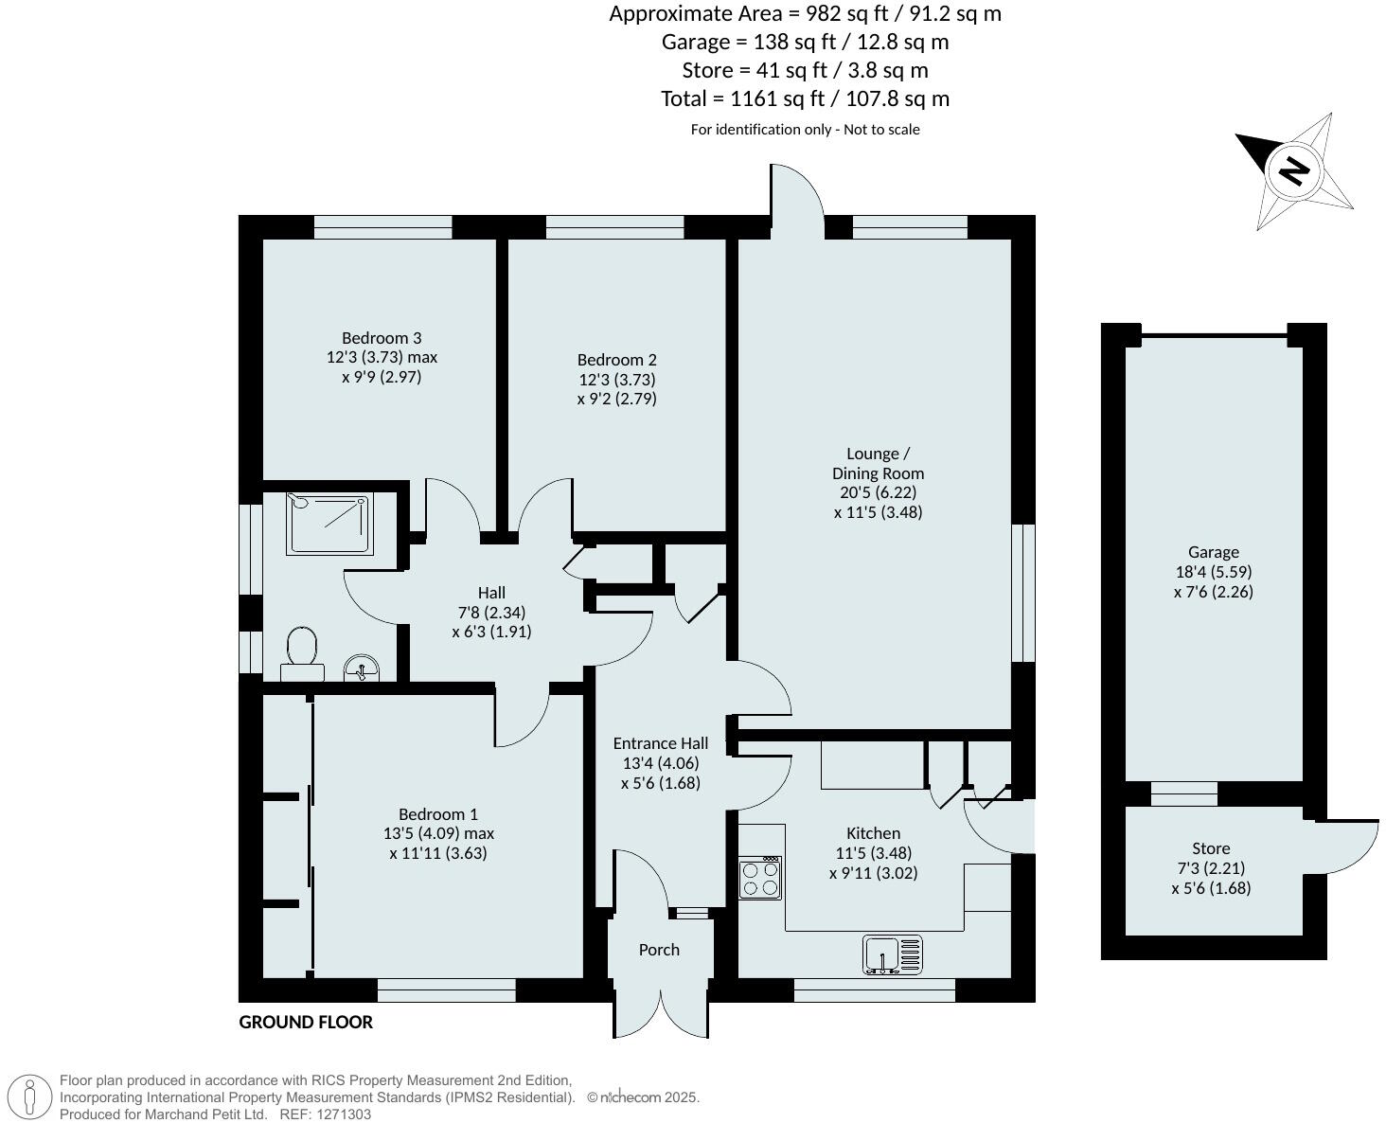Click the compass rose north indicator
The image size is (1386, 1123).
tap(1294, 171)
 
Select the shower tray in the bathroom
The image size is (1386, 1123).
tap(330, 523)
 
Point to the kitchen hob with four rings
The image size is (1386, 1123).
tap(760, 878)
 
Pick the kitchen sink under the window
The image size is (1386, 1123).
tap(893, 954)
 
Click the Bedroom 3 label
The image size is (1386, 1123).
tap(382, 338)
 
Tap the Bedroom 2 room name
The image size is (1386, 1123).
tap(616, 360)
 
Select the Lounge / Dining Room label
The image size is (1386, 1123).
tap(878, 463)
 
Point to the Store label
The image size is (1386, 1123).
tap(1211, 848)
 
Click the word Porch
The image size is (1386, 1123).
tap(659, 950)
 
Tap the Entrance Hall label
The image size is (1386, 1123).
tap(660, 743)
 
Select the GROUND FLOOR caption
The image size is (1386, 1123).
tap(306, 1022)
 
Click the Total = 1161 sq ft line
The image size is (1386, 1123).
tap(805, 98)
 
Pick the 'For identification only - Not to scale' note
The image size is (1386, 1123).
tap(805, 130)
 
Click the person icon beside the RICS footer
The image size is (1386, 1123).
tap(30, 1097)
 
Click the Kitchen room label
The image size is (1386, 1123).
tap(873, 833)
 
